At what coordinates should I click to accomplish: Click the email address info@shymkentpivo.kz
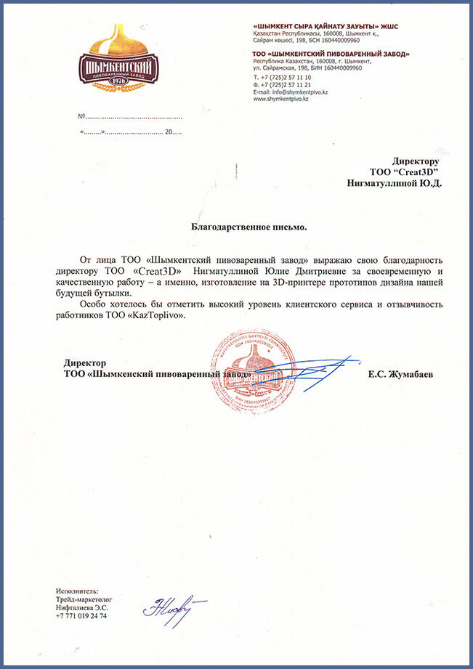(291, 92)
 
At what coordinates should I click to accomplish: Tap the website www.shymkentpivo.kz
(281, 99)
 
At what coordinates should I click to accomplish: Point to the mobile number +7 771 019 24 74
(81, 615)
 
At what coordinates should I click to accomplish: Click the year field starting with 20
(174, 133)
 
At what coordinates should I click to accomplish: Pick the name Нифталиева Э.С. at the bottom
(81, 607)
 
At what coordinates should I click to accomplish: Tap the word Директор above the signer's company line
(85, 363)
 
